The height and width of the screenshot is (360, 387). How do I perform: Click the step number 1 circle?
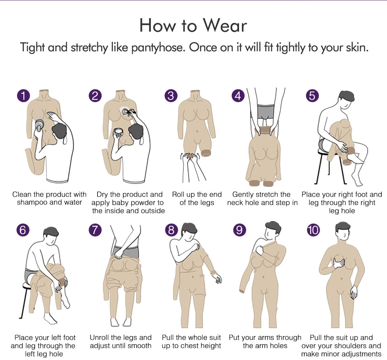point(23,96)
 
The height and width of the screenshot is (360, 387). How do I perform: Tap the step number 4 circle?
point(238,96)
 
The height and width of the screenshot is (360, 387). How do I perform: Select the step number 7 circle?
point(95,230)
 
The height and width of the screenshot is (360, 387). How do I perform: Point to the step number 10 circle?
point(313,230)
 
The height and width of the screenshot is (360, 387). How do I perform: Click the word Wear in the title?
point(225,25)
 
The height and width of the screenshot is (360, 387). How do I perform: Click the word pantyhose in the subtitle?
point(158,48)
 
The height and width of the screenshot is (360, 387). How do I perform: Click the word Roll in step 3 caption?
point(178,195)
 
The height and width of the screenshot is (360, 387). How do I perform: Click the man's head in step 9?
point(273,230)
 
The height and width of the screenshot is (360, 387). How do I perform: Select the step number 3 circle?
point(171,96)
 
